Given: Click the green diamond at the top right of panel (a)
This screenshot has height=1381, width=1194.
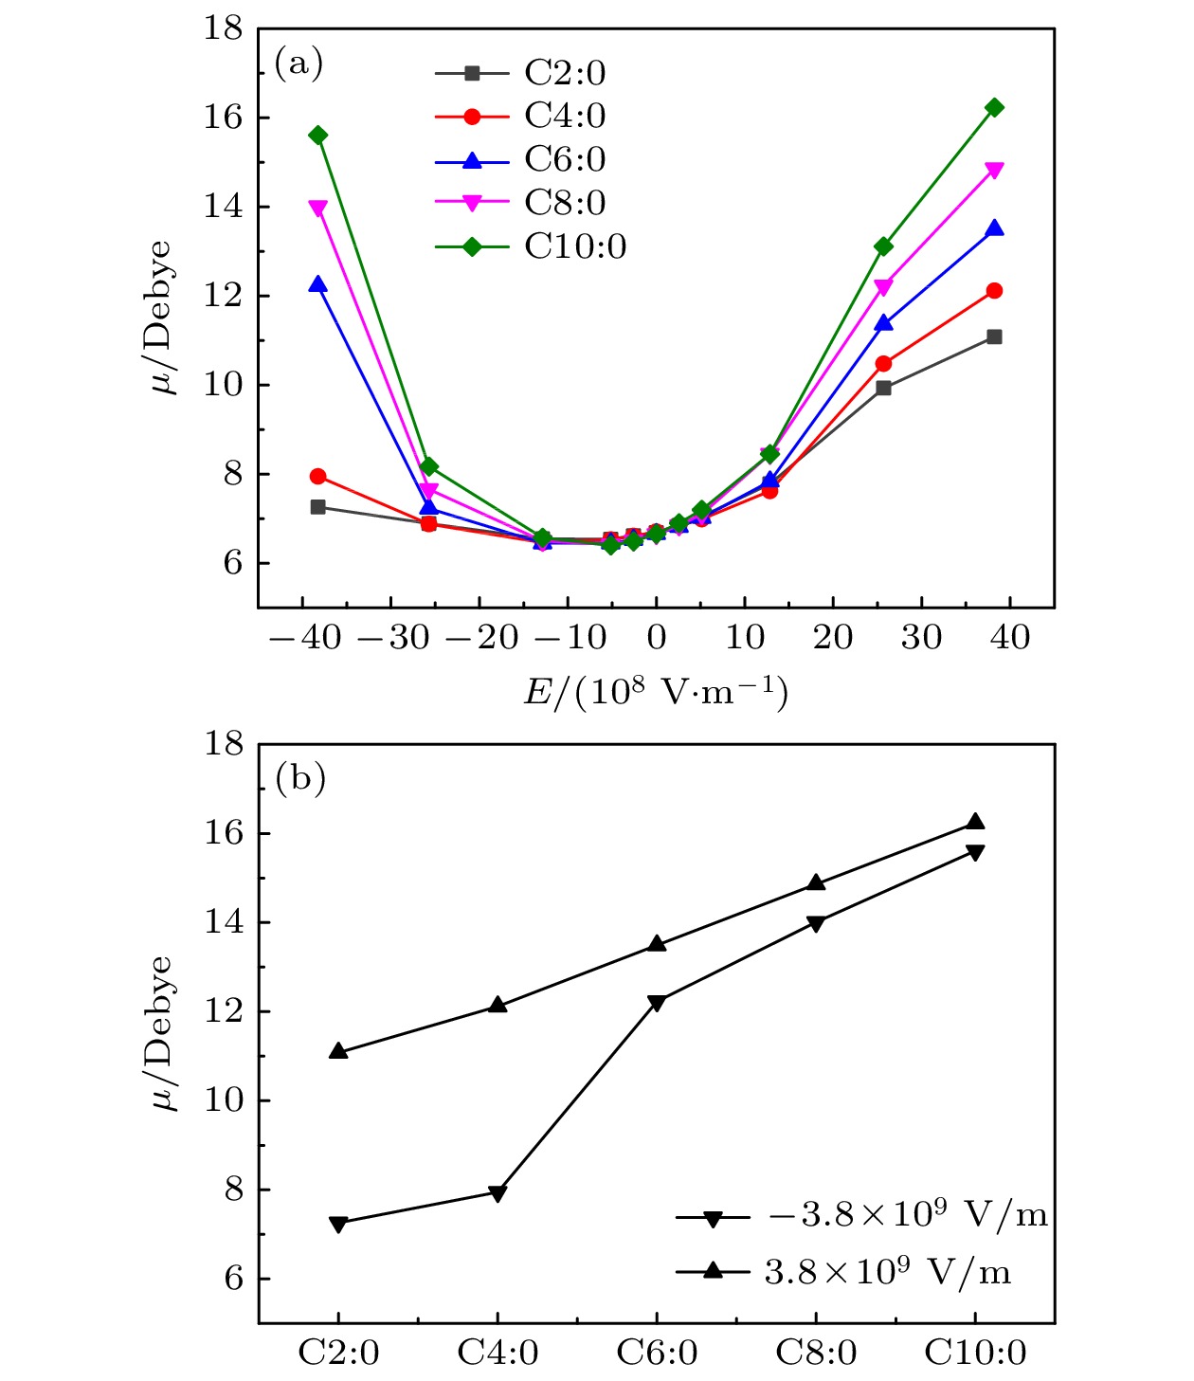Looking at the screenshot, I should [x=994, y=108].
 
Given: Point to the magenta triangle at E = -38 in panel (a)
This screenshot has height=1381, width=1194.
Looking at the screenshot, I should [x=318, y=209].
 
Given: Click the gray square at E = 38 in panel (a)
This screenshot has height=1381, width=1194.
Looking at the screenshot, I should [x=994, y=337].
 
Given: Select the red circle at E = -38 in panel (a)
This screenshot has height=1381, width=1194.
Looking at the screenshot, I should [x=318, y=476].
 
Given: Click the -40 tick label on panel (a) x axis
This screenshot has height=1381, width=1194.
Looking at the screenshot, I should [x=305, y=638].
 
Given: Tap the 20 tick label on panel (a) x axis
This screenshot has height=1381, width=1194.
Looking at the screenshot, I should [x=833, y=638].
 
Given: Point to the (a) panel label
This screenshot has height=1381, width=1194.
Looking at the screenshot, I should [x=298, y=64].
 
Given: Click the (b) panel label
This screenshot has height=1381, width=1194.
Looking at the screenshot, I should [x=299, y=778].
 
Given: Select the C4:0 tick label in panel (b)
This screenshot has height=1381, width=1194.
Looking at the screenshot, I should [x=497, y=1353].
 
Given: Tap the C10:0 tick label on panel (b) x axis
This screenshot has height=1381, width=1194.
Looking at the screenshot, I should [x=975, y=1353].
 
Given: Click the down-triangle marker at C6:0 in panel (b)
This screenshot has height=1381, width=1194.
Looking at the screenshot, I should [x=657, y=1003].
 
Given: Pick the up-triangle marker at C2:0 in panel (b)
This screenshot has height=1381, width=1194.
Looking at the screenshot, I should [x=338, y=1051].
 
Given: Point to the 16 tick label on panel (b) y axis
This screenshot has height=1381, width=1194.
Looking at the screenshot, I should [x=224, y=833].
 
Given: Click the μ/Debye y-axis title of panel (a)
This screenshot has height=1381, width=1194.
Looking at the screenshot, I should [x=161, y=318].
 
